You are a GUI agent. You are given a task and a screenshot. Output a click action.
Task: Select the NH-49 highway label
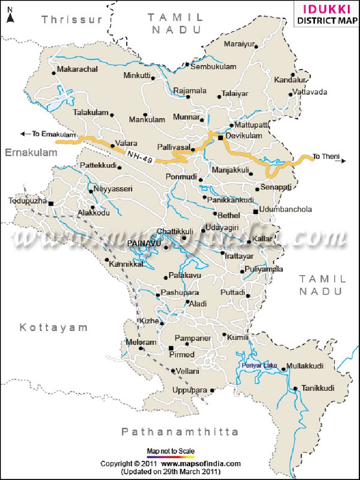pyautogui.click(x=140, y=156)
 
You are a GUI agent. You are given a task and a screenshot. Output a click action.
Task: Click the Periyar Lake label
pyautogui.click(x=260, y=365)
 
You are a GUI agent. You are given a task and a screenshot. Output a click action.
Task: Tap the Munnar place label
pyautogui.click(x=186, y=117)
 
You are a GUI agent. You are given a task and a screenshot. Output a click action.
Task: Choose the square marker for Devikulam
pyautogui.click(x=220, y=138)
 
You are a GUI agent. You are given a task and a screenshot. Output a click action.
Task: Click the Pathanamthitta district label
pyautogui.click(x=180, y=432)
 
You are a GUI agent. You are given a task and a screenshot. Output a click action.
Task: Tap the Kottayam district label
pyautogui.click(x=53, y=328)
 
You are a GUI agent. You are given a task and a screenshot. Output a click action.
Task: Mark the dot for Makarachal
pyautogui.click(x=53, y=73)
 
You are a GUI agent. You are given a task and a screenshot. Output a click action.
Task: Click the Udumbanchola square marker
pyautogui.click(x=255, y=212)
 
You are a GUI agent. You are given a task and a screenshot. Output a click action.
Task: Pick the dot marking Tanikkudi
pyautogui.click(x=295, y=389)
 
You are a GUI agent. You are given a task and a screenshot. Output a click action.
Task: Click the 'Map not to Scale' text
pyautogui.click(x=171, y=451)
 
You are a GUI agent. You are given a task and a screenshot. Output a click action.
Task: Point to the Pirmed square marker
pyautogui.click(x=171, y=348)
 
